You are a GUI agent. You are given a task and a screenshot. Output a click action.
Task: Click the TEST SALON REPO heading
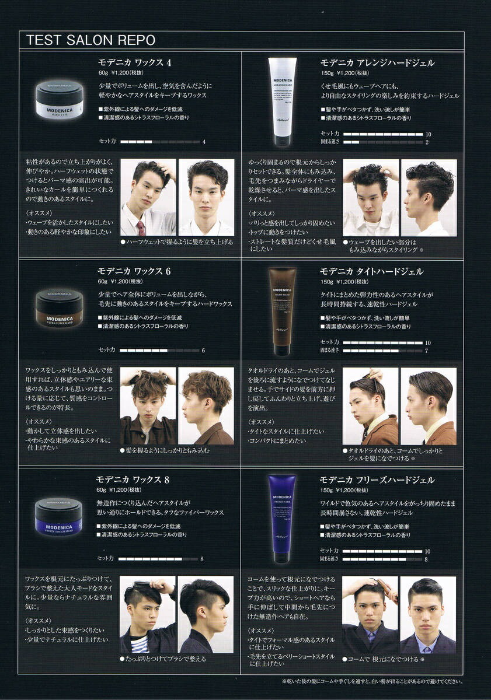click(90, 40)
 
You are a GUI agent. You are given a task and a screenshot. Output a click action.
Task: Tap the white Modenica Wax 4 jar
click(59, 100)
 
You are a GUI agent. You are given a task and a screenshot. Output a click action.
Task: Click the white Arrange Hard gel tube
click(282, 101)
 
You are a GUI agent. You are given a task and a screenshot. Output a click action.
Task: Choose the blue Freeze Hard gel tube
click(282, 519)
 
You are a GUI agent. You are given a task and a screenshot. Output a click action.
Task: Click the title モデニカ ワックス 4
click(134, 62)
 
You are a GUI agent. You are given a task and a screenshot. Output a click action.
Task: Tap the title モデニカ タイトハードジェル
click(371, 271)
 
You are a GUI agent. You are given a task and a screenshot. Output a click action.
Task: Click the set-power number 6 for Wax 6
click(203, 351)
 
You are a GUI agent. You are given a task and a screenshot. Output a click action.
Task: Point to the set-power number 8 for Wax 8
click(201, 559)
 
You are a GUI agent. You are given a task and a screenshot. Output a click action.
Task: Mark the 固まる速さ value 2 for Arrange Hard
click(427, 142)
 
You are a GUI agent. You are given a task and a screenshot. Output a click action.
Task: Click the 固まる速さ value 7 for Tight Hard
click(427, 351)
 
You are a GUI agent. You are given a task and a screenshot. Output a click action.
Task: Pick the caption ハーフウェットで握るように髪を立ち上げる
click(176, 242)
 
